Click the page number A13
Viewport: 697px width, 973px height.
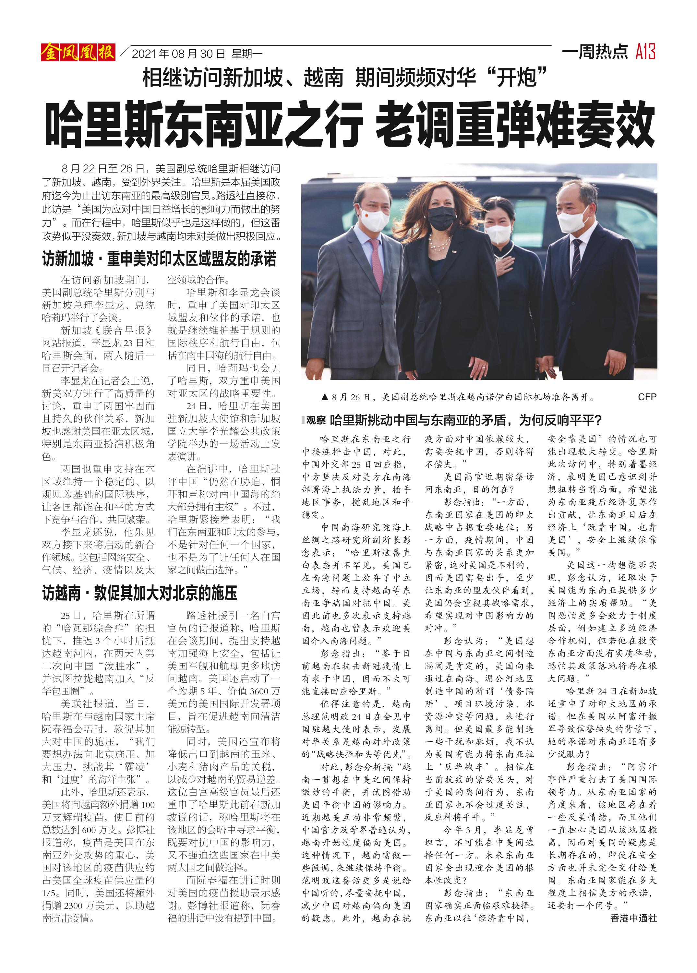(645, 52)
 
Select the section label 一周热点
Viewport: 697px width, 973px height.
(595, 52)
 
